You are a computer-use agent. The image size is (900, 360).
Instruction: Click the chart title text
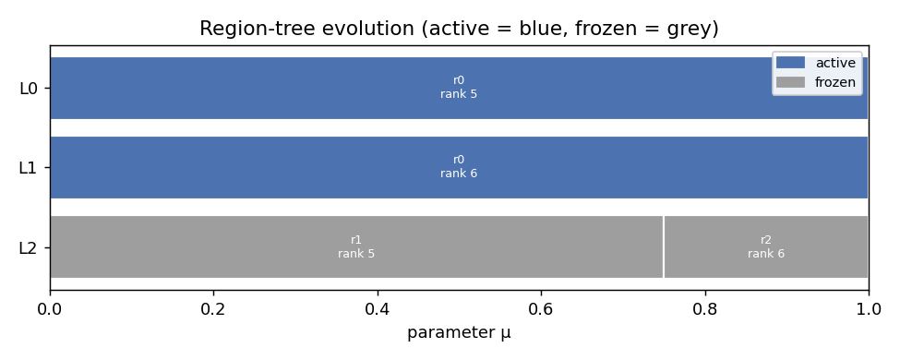tap(459, 28)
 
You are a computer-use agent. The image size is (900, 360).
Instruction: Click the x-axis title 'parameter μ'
tap(459, 333)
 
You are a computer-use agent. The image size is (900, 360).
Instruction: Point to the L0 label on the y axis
tap(28, 89)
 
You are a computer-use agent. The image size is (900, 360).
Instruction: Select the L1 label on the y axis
tap(28, 168)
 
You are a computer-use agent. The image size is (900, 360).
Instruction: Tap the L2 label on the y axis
tap(28, 248)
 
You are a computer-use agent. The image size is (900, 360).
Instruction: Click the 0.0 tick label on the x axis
tap(51, 309)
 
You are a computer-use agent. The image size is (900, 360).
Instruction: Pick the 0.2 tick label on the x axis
tap(214, 309)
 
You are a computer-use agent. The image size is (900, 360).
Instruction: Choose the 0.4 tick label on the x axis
tap(378, 309)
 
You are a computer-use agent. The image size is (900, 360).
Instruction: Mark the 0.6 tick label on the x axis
tap(541, 309)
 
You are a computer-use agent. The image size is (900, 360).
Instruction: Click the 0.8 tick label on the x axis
tap(705, 309)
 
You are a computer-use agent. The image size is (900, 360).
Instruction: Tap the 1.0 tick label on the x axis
tap(869, 309)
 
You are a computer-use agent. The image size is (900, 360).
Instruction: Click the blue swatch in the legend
tap(790, 63)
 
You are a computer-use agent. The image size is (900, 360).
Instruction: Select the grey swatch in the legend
tap(790, 82)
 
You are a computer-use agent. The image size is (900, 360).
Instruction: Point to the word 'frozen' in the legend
tap(835, 82)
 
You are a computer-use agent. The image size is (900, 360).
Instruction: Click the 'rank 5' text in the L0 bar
tap(459, 93)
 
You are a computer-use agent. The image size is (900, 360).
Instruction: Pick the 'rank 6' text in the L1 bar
tap(459, 174)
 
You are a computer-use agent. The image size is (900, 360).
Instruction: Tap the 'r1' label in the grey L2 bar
tap(356, 240)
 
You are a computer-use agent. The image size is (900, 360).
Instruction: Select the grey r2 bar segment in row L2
tap(765, 246)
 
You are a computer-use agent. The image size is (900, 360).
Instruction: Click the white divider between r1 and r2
tap(664, 246)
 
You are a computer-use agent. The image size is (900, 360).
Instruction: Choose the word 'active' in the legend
tap(835, 63)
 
